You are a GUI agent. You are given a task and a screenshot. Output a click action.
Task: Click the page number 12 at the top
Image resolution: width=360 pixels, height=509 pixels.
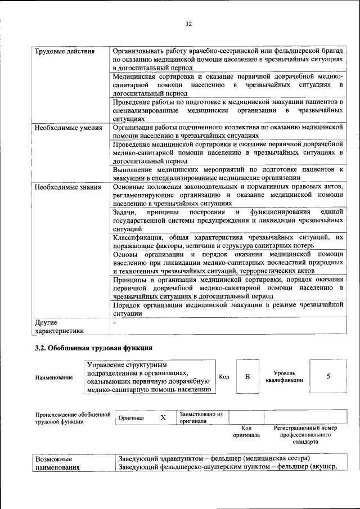[x=188, y=24]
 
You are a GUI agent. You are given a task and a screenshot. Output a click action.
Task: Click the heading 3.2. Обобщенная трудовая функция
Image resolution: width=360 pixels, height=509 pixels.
[x=93, y=349]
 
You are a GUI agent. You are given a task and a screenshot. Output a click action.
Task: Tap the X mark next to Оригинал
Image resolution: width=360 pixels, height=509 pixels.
[x=163, y=418]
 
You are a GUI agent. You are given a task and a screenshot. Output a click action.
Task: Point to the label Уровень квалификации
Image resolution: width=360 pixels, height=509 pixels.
[x=284, y=376]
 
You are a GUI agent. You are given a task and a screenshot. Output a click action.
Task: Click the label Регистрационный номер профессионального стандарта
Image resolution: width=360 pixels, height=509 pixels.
[x=305, y=435]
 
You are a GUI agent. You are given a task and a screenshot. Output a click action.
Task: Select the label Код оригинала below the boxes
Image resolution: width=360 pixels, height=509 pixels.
[x=246, y=431]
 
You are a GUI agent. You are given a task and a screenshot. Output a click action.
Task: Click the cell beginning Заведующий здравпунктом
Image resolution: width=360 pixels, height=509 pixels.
[x=214, y=458]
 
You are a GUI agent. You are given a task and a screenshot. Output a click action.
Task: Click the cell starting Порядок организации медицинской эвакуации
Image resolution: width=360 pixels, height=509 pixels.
[x=227, y=309]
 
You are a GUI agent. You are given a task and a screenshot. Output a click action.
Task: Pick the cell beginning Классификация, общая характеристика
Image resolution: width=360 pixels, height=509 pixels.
[x=227, y=242]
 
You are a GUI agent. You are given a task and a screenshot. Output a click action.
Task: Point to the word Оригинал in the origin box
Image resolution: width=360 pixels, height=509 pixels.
[x=131, y=418]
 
